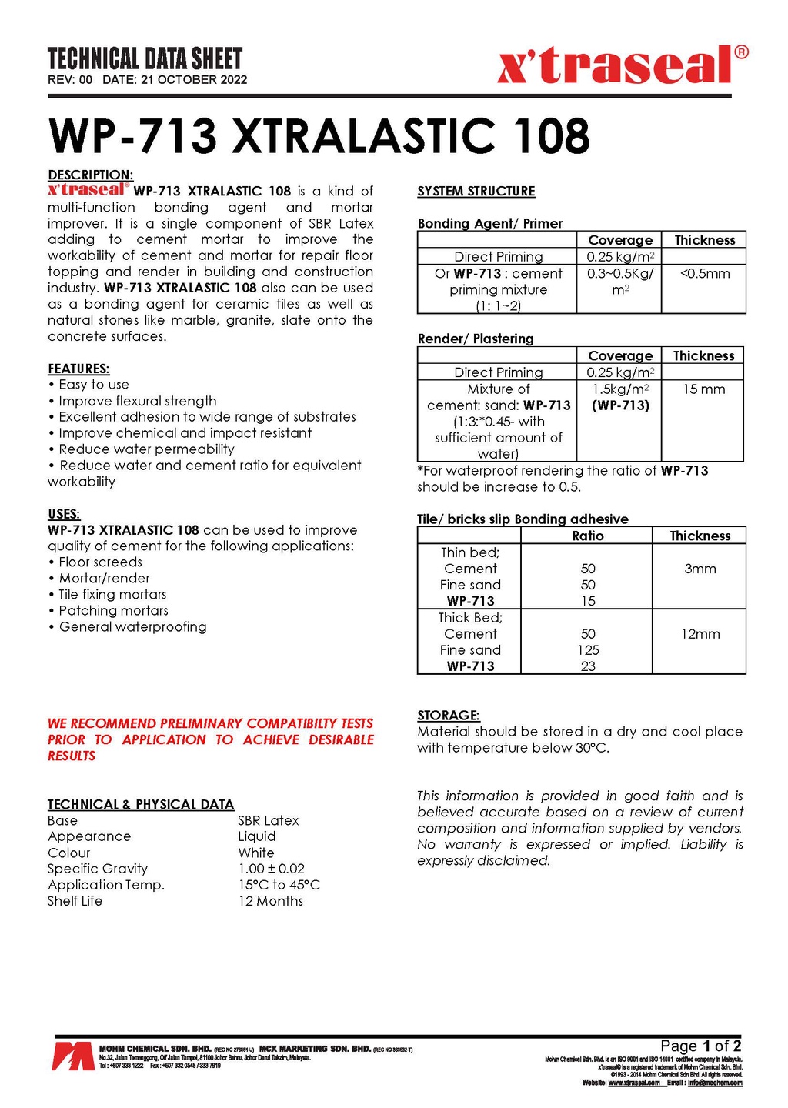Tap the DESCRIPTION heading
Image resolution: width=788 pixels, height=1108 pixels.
pyautogui.click(x=90, y=175)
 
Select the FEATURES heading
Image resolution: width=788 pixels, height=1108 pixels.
pyautogui.click(x=78, y=369)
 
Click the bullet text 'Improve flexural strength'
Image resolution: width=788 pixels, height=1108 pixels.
pyautogui.click(x=138, y=401)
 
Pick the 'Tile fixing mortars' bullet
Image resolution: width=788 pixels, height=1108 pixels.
pyautogui.click(x=112, y=594)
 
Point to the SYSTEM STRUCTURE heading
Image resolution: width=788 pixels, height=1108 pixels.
pyautogui.click(x=476, y=192)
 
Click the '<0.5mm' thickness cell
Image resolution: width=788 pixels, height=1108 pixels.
pyautogui.click(x=704, y=273)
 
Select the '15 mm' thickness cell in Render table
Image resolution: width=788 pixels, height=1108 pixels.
pyautogui.click(x=703, y=389)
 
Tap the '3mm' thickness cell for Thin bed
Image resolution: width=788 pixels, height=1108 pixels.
pyautogui.click(x=700, y=569)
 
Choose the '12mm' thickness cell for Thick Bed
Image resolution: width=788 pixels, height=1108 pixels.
pyautogui.click(x=700, y=634)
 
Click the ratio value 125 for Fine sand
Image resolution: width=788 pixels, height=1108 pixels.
pyautogui.click(x=588, y=650)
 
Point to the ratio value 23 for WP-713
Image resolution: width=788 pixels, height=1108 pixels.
pyautogui.click(x=588, y=666)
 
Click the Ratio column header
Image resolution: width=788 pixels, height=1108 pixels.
pyautogui.click(x=588, y=536)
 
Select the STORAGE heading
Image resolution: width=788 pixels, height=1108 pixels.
pyautogui.click(x=448, y=716)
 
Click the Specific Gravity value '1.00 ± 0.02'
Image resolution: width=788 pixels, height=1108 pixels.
pyautogui.click(x=271, y=869)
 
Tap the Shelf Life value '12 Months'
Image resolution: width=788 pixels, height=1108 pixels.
pyautogui.click(x=270, y=901)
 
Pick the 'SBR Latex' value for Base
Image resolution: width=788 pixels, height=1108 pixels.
pyautogui.click(x=268, y=820)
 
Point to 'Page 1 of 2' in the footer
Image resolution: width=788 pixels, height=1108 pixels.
pyautogui.click(x=700, y=1046)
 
